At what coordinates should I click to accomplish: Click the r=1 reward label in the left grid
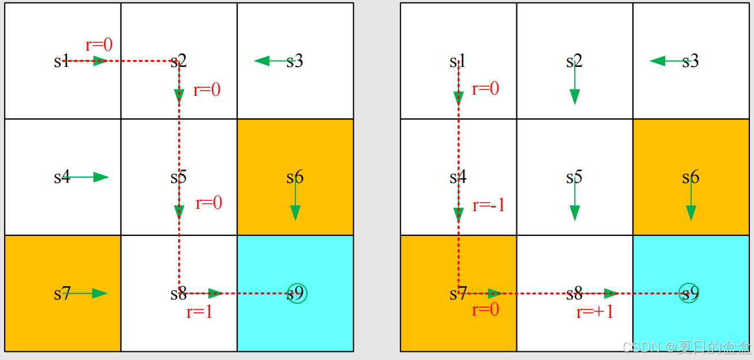(x=200, y=312)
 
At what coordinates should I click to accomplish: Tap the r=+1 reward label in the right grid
(x=595, y=312)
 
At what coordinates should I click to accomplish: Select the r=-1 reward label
(x=489, y=205)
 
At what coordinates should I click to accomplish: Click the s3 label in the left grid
(x=295, y=61)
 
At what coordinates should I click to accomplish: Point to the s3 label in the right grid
(x=691, y=61)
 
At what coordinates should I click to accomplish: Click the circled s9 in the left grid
(x=297, y=294)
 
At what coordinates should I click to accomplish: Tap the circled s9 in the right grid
(x=689, y=294)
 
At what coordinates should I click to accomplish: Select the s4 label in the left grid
(x=62, y=177)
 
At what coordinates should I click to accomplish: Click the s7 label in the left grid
(x=62, y=294)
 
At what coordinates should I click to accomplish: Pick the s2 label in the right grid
(x=574, y=61)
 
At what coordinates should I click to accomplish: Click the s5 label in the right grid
(x=574, y=177)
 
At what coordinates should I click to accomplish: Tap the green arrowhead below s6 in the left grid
(x=295, y=213)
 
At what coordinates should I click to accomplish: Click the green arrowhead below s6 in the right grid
(x=691, y=213)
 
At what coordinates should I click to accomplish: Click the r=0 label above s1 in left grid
(x=99, y=45)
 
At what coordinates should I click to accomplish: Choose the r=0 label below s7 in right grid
(x=485, y=310)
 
